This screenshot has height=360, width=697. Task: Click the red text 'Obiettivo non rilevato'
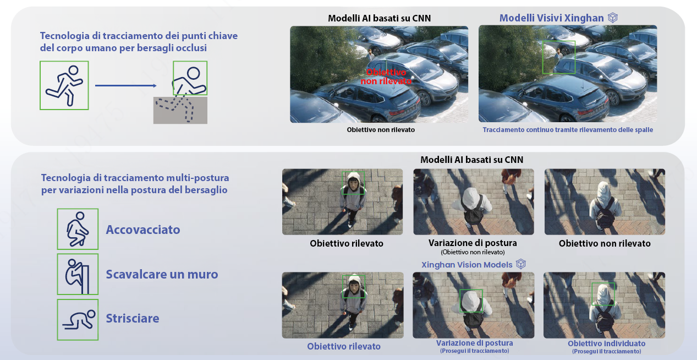[386, 77]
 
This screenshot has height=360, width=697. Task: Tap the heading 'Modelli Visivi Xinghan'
[551, 18]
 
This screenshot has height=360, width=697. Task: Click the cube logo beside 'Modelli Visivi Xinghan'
[613, 18]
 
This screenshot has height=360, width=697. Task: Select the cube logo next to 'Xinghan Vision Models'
[521, 264]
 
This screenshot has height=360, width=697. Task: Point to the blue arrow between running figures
[126, 85]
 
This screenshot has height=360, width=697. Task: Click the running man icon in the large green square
[64, 85]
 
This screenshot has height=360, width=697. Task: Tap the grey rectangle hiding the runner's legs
[180, 110]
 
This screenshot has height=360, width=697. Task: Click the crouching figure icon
[78, 229]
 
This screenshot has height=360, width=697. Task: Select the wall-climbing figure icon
[78, 274]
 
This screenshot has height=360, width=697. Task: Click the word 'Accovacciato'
[143, 230]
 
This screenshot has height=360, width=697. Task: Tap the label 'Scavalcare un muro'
[162, 274]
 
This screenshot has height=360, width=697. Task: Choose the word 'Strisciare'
[133, 318]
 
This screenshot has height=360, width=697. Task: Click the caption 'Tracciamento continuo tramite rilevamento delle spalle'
[568, 130]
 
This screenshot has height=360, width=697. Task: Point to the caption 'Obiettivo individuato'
[606, 343]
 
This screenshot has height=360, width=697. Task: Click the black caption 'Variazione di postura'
[473, 243]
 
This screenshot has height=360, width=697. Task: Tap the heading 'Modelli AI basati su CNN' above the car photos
[379, 18]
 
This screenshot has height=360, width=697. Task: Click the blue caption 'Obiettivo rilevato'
[344, 346]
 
